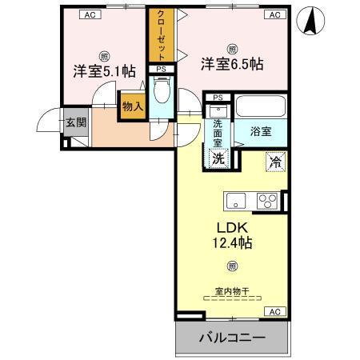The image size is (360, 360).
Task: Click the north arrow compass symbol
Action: coord(311,22)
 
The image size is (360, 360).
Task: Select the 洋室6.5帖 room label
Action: coord(232,63)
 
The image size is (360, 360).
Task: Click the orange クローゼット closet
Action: coord(161,35)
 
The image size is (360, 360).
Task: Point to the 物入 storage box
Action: coord(132,106)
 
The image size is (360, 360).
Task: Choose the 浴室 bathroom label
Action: coord(260,130)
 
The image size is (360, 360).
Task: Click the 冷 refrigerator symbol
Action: coord(274,161)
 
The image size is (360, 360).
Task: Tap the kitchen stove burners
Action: coord(266,200)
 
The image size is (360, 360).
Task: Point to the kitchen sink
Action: coord(236,200)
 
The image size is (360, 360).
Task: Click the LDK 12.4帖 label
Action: coord(231,233)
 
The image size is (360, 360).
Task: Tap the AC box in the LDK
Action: coord(274,311)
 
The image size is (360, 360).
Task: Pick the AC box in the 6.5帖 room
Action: coord(273,14)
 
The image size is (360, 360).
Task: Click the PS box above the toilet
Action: coord(160,69)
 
